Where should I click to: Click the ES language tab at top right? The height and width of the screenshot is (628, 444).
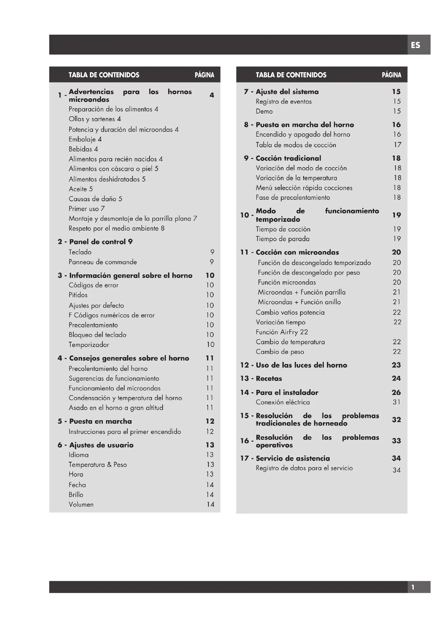click(416, 45)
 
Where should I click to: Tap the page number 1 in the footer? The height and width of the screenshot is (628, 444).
click(413, 587)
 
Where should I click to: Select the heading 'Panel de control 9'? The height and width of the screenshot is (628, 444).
click(101, 242)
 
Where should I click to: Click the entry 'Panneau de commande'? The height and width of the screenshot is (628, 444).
click(103, 262)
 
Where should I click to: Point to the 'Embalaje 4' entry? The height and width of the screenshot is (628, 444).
click(85, 140)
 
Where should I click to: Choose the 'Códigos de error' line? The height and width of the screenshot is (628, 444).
click(93, 285)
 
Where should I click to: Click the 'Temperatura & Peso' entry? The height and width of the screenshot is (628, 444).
click(98, 465)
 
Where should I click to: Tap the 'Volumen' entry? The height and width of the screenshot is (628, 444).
click(81, 505)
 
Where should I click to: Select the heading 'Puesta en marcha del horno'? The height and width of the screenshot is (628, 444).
click(305, 125)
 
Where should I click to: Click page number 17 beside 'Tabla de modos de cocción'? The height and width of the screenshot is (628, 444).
click(397, 145)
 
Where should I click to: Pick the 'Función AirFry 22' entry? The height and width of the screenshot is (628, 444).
click(282, 332)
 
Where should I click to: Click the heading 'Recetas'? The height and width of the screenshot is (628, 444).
click(269, 379)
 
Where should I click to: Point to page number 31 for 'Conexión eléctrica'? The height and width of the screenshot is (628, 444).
click(396, 402)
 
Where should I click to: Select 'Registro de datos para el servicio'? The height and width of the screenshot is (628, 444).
click(304, 468)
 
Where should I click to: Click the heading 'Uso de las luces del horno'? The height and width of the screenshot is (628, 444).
click(301, 365)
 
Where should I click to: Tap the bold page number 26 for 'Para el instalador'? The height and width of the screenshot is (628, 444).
click(396, 393)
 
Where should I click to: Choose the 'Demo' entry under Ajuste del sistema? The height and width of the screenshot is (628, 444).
click(264, 111)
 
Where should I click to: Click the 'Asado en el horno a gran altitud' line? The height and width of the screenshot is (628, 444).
click(116, 408)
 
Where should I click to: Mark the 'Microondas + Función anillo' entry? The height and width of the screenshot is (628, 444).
click(299, 302)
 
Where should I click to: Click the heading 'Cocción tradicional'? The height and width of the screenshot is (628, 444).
click(288, 158)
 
